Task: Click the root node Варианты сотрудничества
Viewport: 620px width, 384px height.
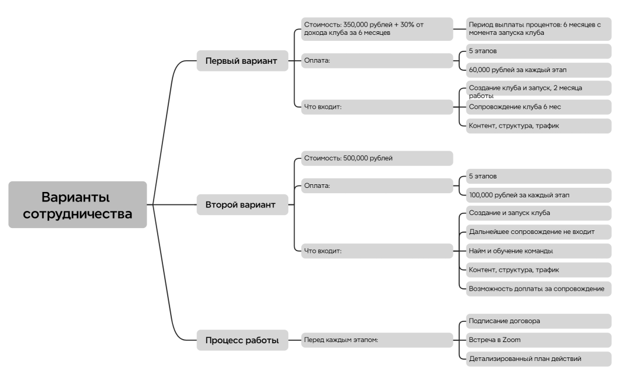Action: point(77,204)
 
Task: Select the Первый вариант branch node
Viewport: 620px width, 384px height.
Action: point(241,60)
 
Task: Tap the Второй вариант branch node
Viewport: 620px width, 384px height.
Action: point(241,205)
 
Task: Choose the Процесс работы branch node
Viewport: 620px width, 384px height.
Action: point(242,340)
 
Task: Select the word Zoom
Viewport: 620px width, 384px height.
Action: point(511,340)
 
